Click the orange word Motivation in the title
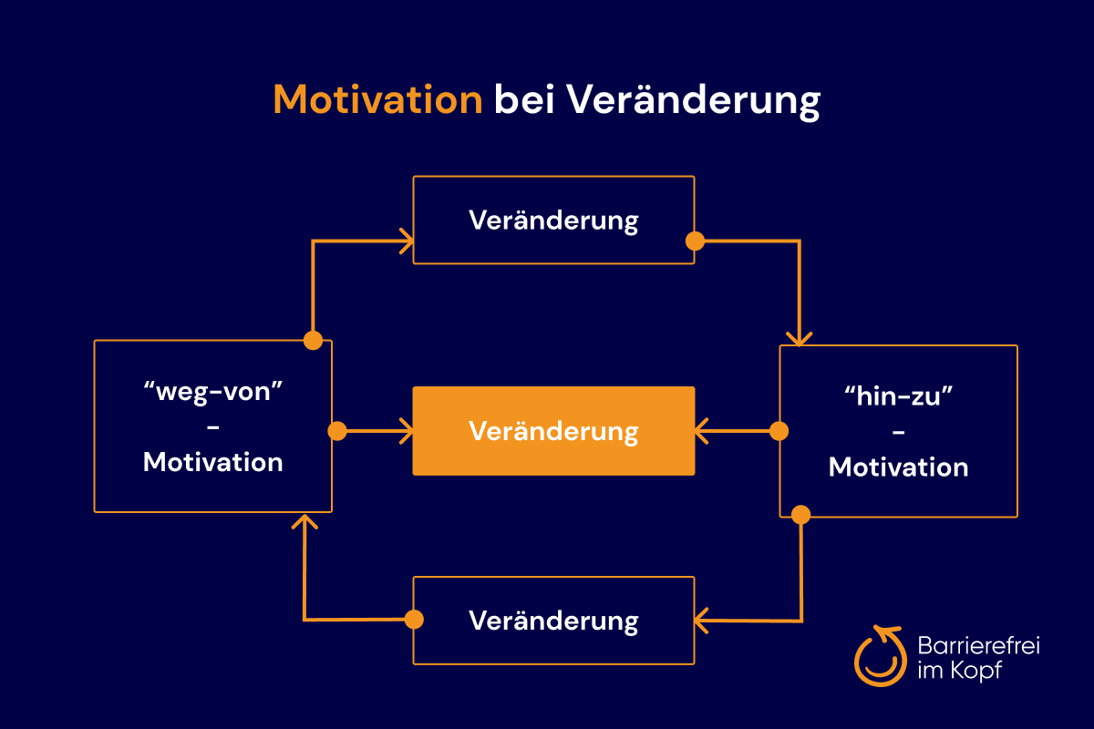pyautogui.click(x=377, y=99)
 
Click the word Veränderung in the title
pyautogui.click(x=694, y=101)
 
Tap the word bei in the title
pyautogui.click(x=524, y=99)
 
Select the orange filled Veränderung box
pyautogui.click(x=554, y=431)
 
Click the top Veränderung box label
pyautogui.click(x=554, y=221)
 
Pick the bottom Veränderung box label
pyautogui.click(x=554, y=621)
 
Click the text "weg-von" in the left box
pyautogui.click(x=213, y=392)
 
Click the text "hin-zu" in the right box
pyautogui.click(x=899, y=396)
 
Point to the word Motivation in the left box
pyautogui.click(x=213, y=462)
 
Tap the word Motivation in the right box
pyautogui.click(x=899, y=467)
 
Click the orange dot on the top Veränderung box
pyautogui.click(x=695, y=241)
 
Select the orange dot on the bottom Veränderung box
pyautogui.click(x=414, y=620)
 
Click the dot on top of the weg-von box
pyautogui.click(x=313, y=340)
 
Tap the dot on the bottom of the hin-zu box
pyautogui.click(x=801, y=515)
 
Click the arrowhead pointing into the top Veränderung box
pyautogui.click(x=407, y=241)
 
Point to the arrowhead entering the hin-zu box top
pyautogui.click(x=799, y=339)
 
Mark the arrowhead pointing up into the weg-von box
pyautogui.click(x=304, y=521)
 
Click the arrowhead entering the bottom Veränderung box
pyautogui.click(x=701, y=621)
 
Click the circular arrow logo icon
pyautogui.click(x=881, y=656)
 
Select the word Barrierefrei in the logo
pyautogui.click(x=979, y=645)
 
